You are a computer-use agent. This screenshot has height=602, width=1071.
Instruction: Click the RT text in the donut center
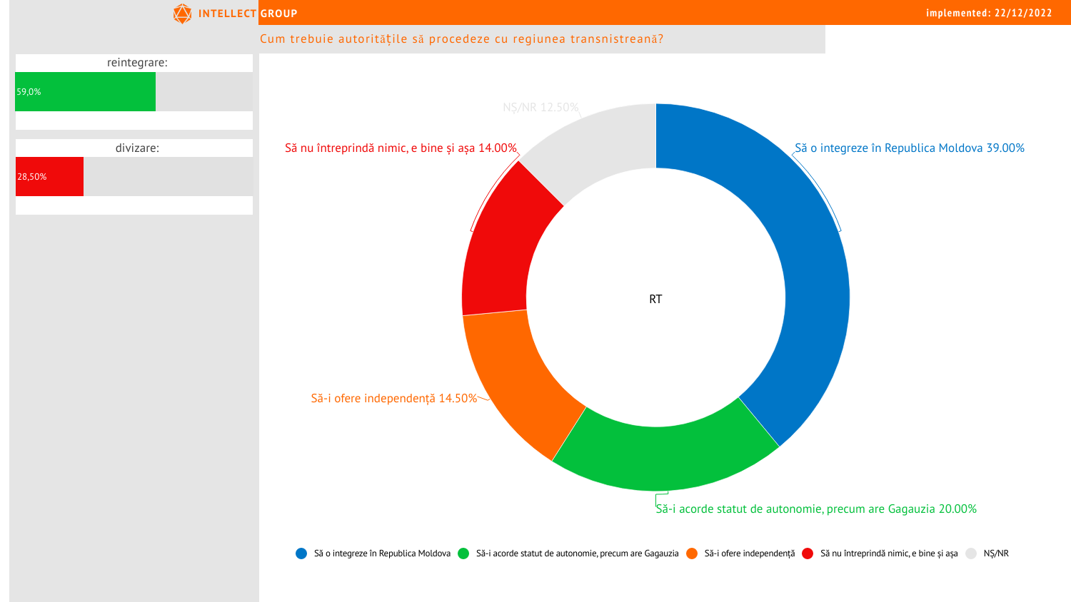(655, 300)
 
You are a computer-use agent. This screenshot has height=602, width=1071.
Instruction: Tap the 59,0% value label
(29, 92)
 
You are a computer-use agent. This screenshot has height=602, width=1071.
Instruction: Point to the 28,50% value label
(32, 177)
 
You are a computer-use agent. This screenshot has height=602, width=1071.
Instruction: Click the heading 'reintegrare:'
(137, 63)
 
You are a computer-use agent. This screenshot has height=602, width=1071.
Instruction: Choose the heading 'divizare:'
(137, 148)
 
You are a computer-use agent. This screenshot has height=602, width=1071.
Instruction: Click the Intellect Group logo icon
(183, 14)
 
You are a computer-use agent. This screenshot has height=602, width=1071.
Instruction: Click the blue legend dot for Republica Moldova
(301, 553)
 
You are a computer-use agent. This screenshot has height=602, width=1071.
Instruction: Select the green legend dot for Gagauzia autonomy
(463, 553)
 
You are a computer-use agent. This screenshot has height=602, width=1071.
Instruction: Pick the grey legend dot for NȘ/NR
(971, 553)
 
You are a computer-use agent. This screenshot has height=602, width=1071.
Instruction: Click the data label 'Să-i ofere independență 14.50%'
(394, 398)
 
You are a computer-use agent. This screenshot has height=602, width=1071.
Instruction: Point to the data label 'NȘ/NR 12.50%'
(540, 107)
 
